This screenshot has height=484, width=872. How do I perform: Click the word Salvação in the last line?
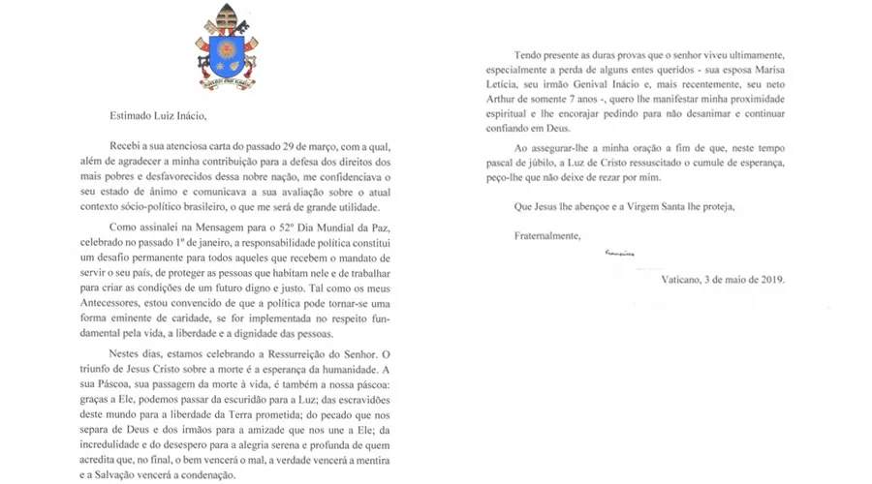pos(122,475)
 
